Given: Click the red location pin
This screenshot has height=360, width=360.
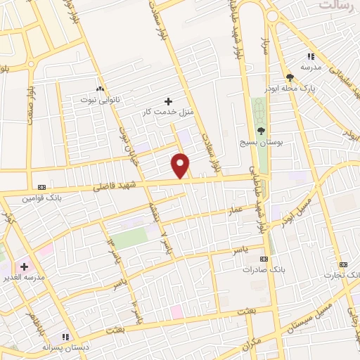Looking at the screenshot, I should (x=181, y=166).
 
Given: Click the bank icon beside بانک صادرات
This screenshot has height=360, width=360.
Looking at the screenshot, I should (x=267, y=259).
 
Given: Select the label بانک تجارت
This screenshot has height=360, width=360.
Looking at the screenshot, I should (x=342, y=274).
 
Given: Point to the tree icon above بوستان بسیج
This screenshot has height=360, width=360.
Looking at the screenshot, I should (x=261, y=131).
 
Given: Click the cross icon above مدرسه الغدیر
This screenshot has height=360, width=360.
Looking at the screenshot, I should (x=25, y=266).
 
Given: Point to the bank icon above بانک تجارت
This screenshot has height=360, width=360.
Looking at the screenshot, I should (x=342, y=264).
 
